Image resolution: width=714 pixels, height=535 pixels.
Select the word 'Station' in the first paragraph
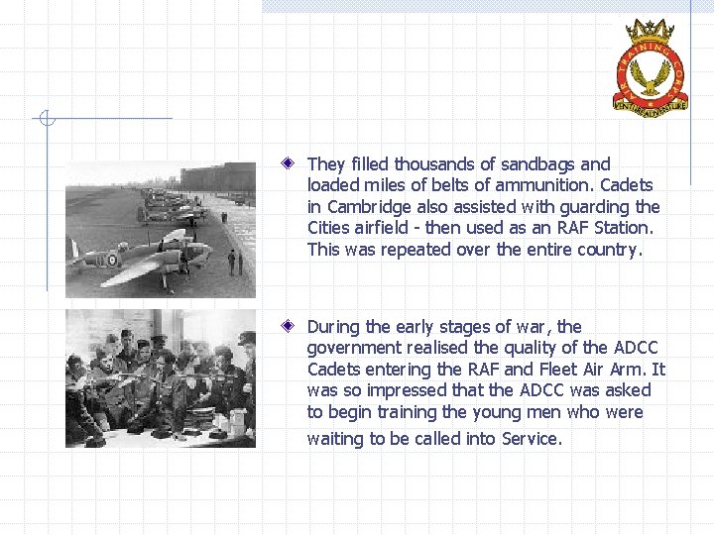[627, 228]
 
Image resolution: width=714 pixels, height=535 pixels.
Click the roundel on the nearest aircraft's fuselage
[112, 260]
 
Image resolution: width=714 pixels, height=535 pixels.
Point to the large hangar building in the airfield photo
[218, 176]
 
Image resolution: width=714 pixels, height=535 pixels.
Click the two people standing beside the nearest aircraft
[235, 262]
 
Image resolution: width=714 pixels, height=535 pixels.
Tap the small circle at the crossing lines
[45, 120]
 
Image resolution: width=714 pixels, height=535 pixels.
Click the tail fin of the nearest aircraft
[73, 249]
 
